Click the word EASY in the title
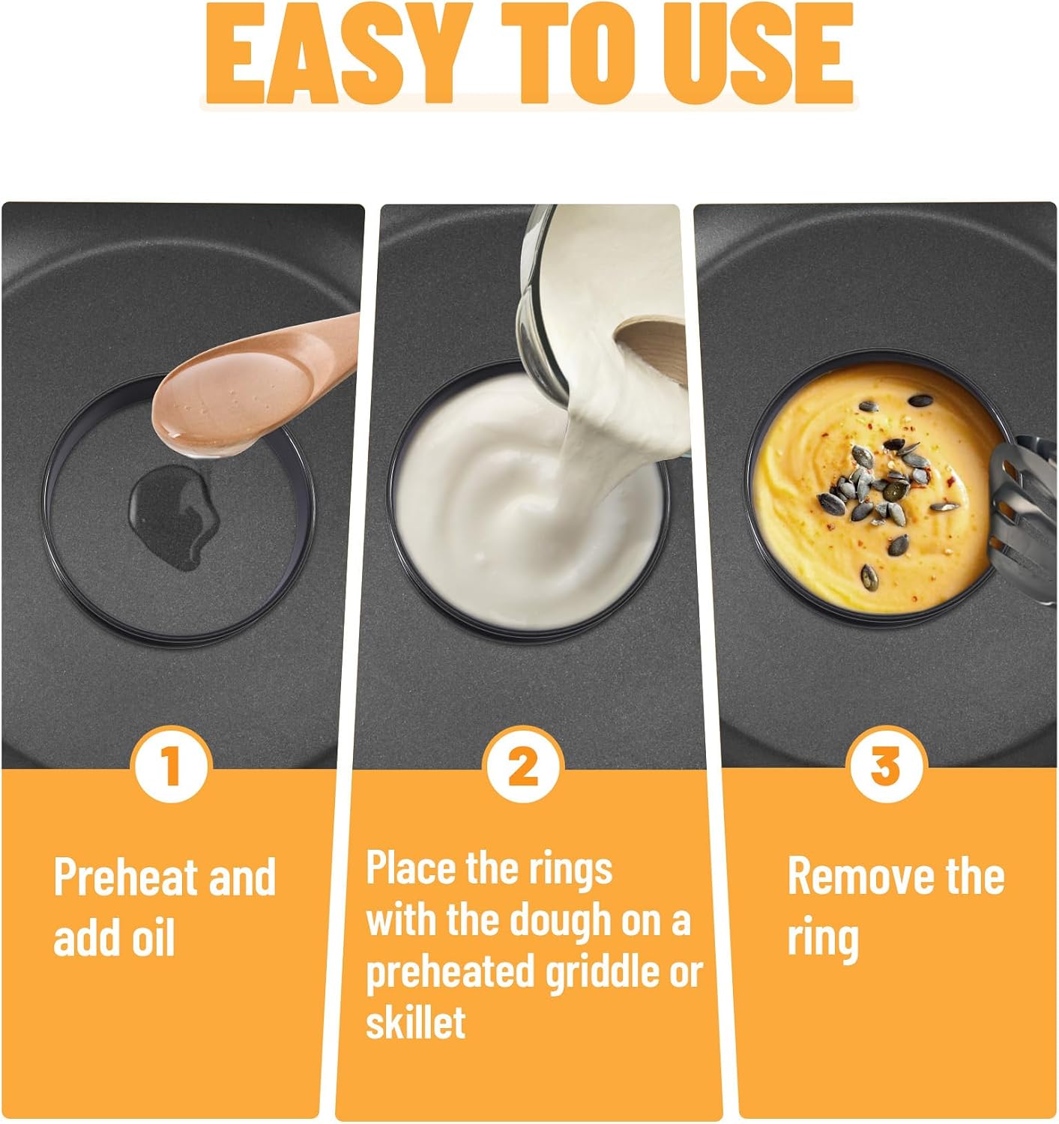coord(339,54)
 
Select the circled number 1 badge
coord(171,765)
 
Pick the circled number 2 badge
coord(522,765)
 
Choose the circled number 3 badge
coord(885,765)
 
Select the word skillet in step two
coord(415,1022)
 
